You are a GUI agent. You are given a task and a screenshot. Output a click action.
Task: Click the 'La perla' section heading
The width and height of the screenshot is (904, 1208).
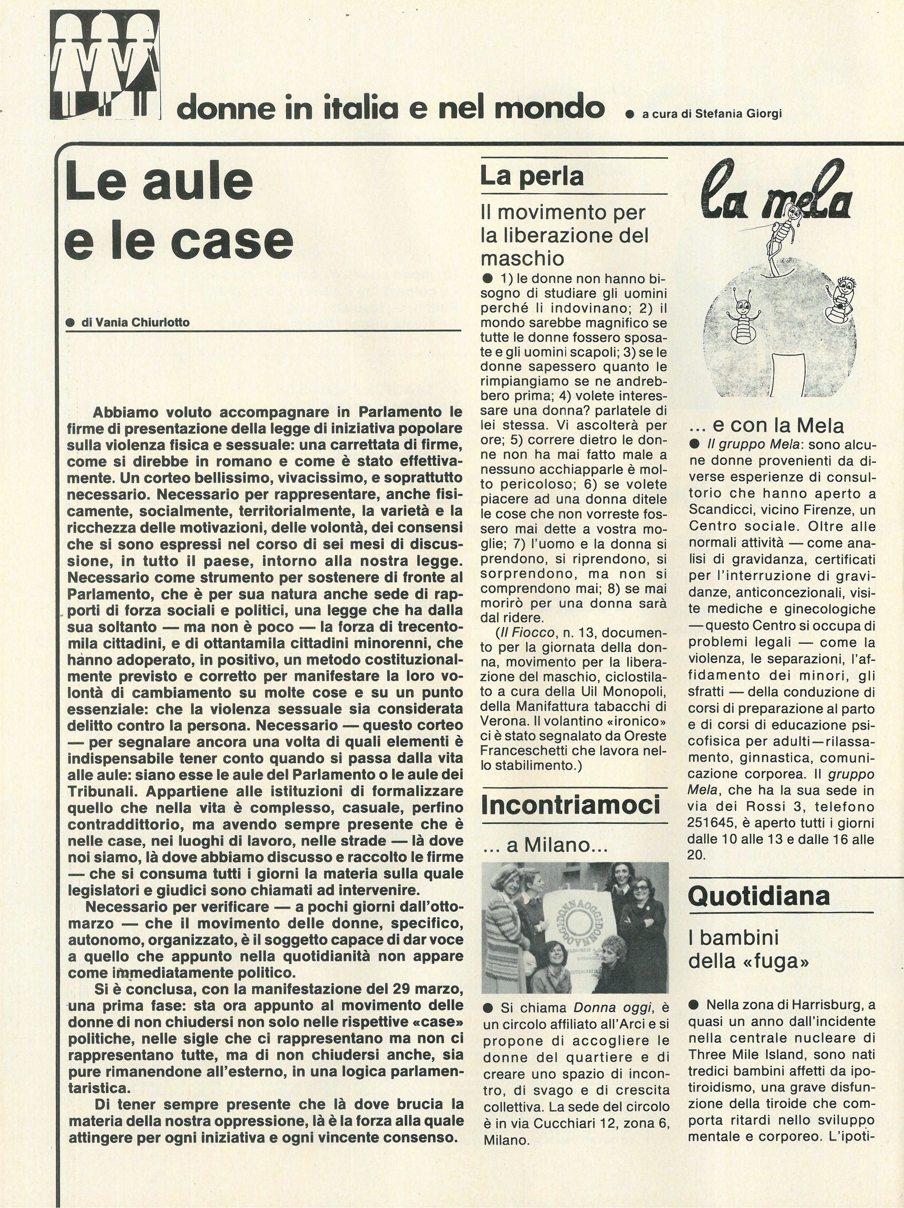532,176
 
